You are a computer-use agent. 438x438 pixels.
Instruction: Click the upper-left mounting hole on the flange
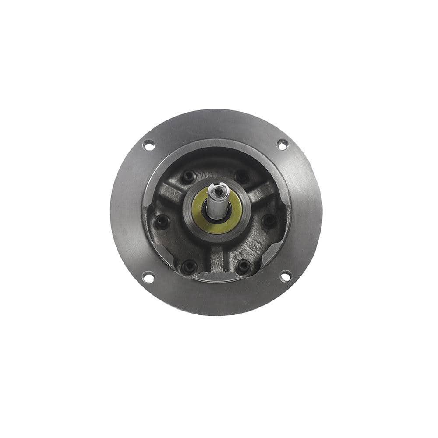pyautogui.click(x=149, y=145)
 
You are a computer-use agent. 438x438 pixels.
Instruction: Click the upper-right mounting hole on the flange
pyautogui.click(x=283, y=144)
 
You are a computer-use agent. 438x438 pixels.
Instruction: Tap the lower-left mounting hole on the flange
pyautogui.click(x=148, y=277)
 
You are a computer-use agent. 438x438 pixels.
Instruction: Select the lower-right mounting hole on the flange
pyautogui.click(x=285, y=276)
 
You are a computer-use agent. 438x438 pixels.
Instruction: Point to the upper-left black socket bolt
pyautogui.click(x=188, y=177)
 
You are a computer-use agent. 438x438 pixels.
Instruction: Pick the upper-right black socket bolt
pyautogui.click(x=242, y=177)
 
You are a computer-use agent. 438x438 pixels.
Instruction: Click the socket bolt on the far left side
pyautogui.click(x=162, y=222)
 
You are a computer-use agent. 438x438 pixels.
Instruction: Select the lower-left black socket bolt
pyautogui.click(x=189, y=266)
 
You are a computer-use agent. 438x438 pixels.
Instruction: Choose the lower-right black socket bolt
pyautogui.click(x=243, y=266)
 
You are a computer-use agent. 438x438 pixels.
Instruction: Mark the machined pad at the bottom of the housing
pyautogui.click(x=217, y=276)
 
